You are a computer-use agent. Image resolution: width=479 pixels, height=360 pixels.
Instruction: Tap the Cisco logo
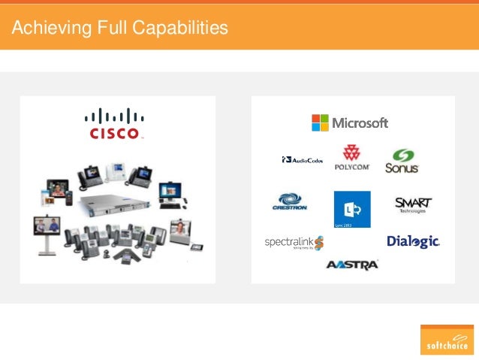coord(114,124)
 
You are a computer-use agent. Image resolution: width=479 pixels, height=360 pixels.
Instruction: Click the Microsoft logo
coord(350,123)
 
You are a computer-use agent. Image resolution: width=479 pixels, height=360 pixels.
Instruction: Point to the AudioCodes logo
coord(303,160)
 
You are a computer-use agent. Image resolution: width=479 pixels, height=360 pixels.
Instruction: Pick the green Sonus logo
coord(402,161)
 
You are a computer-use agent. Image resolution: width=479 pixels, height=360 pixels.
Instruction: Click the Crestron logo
coord(291,202)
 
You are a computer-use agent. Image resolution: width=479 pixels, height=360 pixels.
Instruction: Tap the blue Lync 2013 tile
coord(352,208)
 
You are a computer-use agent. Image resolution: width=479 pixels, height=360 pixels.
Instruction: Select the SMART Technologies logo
coord(414,204)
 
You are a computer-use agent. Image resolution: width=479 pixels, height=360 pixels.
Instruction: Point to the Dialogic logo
coord(413,241)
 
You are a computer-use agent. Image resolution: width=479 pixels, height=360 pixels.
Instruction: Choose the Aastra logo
coord(352,265)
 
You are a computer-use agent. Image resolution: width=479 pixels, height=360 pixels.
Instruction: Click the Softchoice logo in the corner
coord(447,339)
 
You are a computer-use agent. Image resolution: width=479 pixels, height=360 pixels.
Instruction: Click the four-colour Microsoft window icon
coord(320,123)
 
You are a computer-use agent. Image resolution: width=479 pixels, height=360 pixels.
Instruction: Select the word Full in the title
coord(104,29)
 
